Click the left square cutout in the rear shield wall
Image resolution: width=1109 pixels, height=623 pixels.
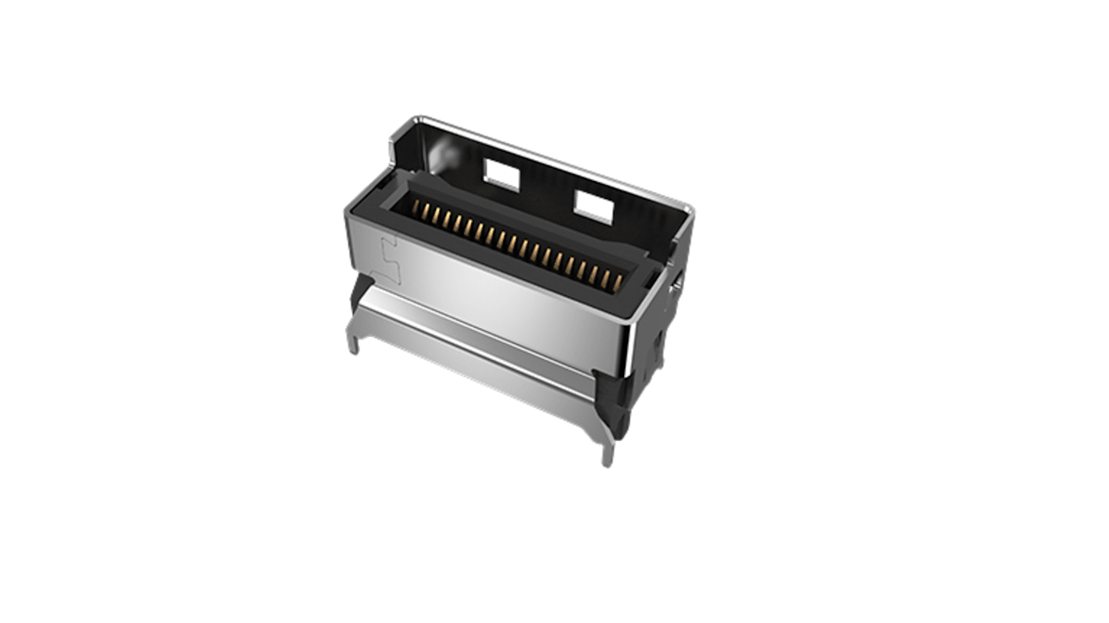tap(501, 175)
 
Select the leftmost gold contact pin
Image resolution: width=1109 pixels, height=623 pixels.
tap(415, 208)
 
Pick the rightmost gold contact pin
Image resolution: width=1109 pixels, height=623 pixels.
tap(617, 279)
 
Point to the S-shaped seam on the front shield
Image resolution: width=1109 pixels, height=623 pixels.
tap(390, 261)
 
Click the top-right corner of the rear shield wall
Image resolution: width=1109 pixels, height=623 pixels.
tap(688, 208)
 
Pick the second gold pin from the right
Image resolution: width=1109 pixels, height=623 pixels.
tap(605, 276)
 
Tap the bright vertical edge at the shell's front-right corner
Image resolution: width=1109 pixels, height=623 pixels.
tap(629, 344)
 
